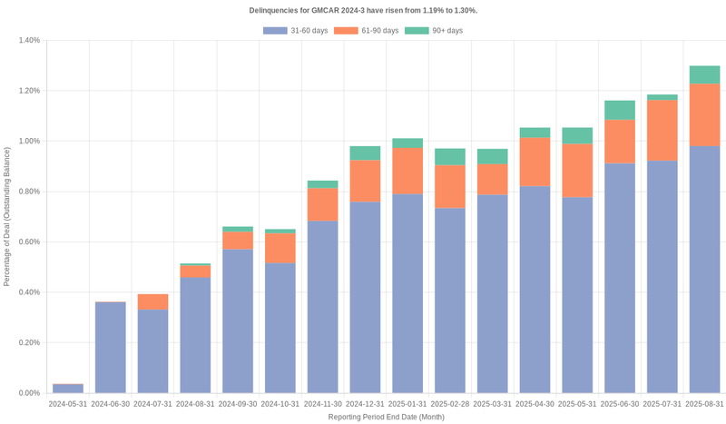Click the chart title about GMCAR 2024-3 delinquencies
363,10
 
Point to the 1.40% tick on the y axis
28,41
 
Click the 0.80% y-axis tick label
28,192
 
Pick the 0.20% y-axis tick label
28,343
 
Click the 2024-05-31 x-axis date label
68,403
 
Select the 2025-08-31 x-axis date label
705,403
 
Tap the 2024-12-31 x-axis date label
365,403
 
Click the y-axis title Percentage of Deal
7,217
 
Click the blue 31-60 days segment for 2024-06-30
111,348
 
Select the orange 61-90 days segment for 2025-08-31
705,115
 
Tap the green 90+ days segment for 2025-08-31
705,74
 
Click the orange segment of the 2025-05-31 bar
577,171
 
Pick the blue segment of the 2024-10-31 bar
280,328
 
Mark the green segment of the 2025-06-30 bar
620,110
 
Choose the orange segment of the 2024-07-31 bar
153,302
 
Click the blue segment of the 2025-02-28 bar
450,301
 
